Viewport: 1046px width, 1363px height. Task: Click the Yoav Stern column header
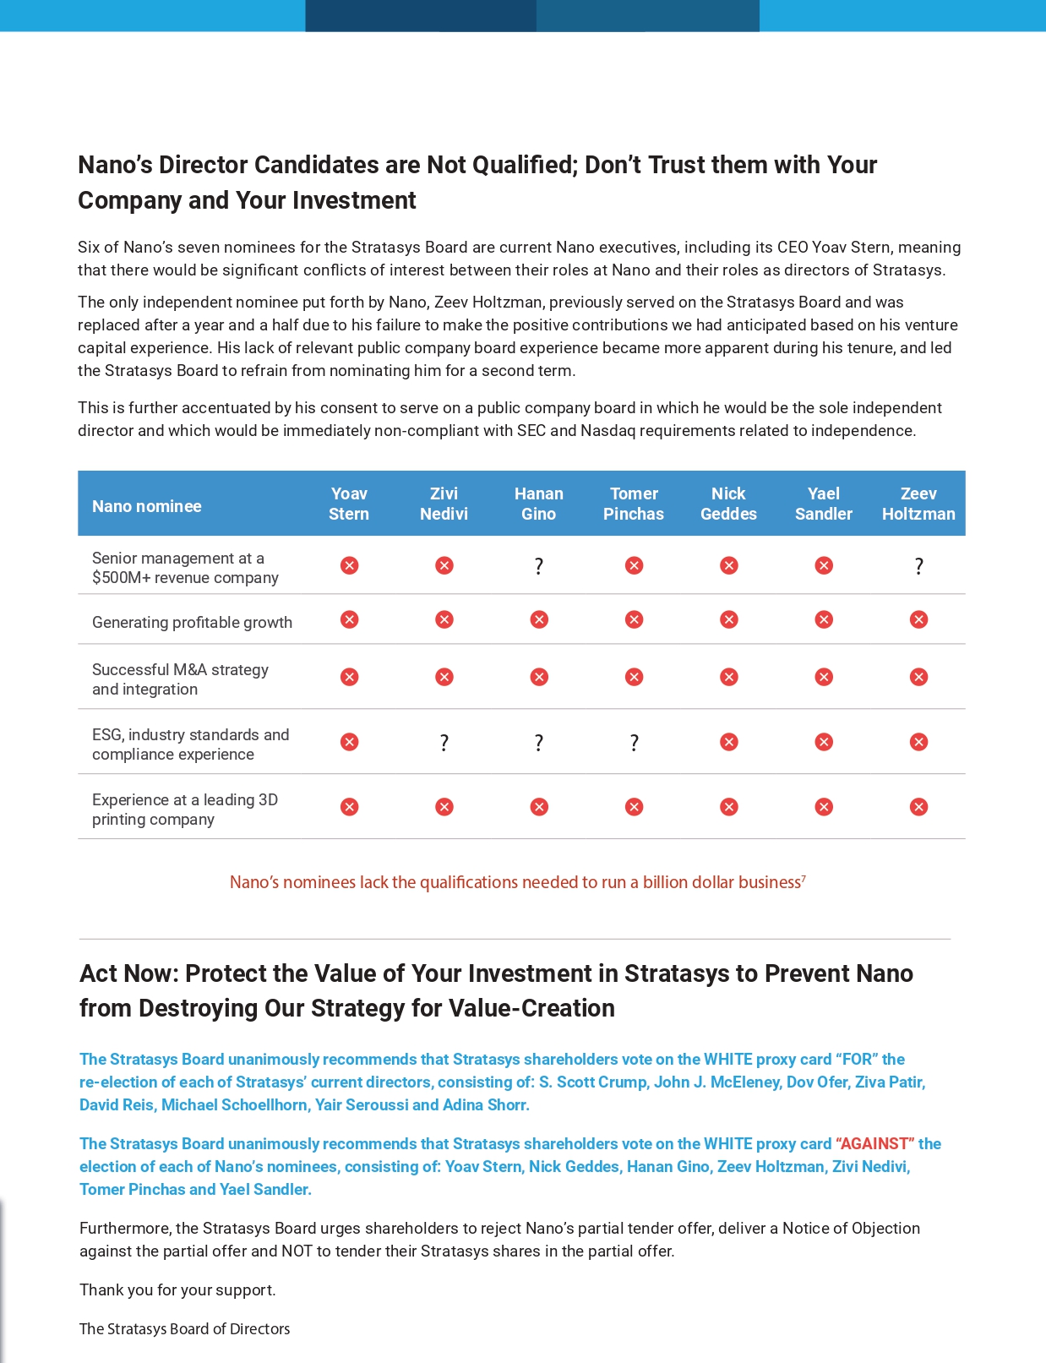[349, 504]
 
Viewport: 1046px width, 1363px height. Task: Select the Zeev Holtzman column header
[918, 504]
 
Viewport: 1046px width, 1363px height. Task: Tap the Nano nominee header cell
[147, 506]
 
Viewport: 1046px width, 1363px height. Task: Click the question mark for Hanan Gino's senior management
[539, 566]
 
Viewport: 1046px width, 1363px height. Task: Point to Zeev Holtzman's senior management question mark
[918, 566]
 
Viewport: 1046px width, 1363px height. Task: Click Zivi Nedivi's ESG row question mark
[444, 743]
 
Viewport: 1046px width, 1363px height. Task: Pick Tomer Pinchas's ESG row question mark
[634, 743]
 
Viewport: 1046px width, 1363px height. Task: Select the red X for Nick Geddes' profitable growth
[728, 619]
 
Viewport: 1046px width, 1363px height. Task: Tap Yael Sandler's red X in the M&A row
[824, 677]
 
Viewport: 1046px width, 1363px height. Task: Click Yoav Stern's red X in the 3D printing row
[349, 807]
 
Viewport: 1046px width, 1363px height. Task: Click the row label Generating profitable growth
[192, 623]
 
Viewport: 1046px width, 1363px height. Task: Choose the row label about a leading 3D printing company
[185, 810]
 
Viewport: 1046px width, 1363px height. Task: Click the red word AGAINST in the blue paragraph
[874, 1143]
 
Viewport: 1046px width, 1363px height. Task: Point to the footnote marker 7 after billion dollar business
[804, 879]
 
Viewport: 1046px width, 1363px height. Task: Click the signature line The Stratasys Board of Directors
[184, 1328]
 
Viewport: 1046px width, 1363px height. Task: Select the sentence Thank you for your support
[177, 1289]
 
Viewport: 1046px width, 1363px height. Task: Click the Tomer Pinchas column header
[634, 504]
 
